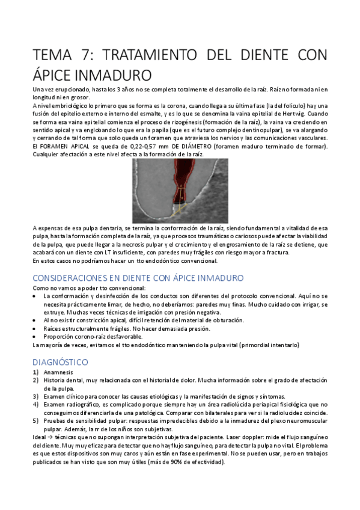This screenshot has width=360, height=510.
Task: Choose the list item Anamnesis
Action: (x=57, y=372)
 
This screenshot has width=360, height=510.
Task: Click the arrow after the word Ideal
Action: (x=51, y=438)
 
